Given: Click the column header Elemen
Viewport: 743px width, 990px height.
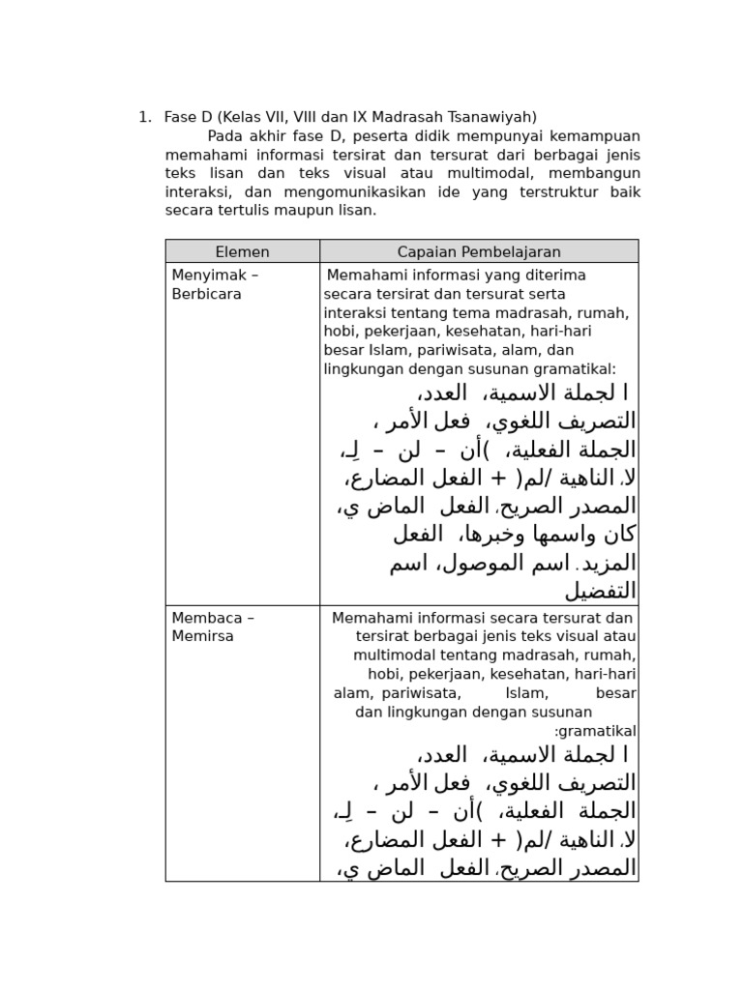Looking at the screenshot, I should click(242, 251).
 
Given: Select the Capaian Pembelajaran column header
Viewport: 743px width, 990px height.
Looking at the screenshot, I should click(479, 251).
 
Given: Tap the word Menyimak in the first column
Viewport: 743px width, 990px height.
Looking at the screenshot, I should click(201, 276).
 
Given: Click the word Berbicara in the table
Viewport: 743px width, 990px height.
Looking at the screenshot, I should click(206, 294).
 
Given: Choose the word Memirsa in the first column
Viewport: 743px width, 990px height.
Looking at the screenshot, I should click(202, 636).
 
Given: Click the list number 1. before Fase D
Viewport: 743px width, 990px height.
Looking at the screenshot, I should click(145, 117).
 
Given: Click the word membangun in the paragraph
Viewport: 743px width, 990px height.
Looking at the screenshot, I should click(594, 173).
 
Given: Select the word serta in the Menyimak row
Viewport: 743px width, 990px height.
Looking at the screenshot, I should click(547, 294).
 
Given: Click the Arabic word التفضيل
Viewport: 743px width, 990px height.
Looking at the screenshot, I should click(601, 591).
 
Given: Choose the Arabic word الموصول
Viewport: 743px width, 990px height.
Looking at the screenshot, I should click(485, 563).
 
